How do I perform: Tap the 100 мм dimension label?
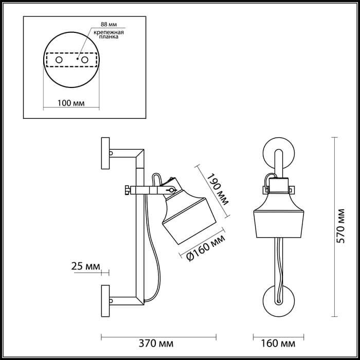pos(71,103)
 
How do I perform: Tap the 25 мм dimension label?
pos(85,266)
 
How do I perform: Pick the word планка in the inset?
pos(110,38)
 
